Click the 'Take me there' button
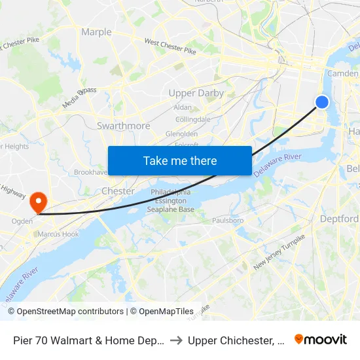180,160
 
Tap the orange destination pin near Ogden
38,200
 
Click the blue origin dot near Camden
322,101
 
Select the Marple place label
96,31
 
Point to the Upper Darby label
196,93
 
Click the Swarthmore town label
123,126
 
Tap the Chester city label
118,191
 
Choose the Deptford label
339,219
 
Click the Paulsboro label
228,221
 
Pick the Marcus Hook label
58,234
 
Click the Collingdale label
193,119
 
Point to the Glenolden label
182,134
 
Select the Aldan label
183,107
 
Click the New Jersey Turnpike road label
279,252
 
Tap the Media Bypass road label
79,98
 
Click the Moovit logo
321,340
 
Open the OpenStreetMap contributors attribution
66,312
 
